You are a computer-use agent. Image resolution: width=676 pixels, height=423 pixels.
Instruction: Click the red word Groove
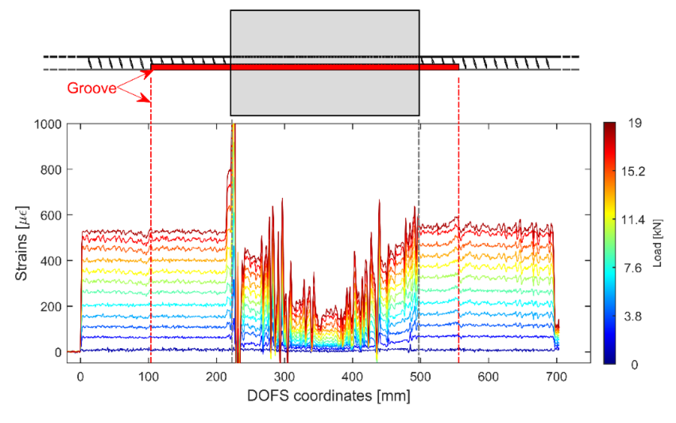point(91,88)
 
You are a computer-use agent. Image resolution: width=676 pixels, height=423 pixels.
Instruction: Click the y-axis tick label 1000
point(48,124)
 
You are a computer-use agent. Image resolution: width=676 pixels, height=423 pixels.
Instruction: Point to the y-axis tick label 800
point(51,170)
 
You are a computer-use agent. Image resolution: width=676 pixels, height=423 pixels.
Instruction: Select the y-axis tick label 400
point(51,261)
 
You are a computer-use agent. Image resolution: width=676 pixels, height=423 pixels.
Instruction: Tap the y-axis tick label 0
point(58,353)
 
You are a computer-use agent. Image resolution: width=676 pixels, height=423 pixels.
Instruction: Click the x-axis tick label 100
point(148,377)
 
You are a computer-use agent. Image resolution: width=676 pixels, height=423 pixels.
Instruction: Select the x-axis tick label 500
point(420,377)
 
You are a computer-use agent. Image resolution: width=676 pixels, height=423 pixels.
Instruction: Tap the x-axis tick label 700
point(556,377)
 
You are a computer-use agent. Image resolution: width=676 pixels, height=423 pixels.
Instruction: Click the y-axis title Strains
point(22,243)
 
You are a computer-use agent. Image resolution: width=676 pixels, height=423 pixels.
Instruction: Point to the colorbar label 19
point(635,123)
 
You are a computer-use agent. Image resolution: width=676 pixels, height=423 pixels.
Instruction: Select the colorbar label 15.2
point(633,172)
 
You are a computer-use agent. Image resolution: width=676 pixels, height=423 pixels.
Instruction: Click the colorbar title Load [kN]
point(657,243)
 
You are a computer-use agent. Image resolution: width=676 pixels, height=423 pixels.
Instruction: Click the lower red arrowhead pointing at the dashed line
point(146,98)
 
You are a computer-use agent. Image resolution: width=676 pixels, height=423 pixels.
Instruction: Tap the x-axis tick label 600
point(488,377)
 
